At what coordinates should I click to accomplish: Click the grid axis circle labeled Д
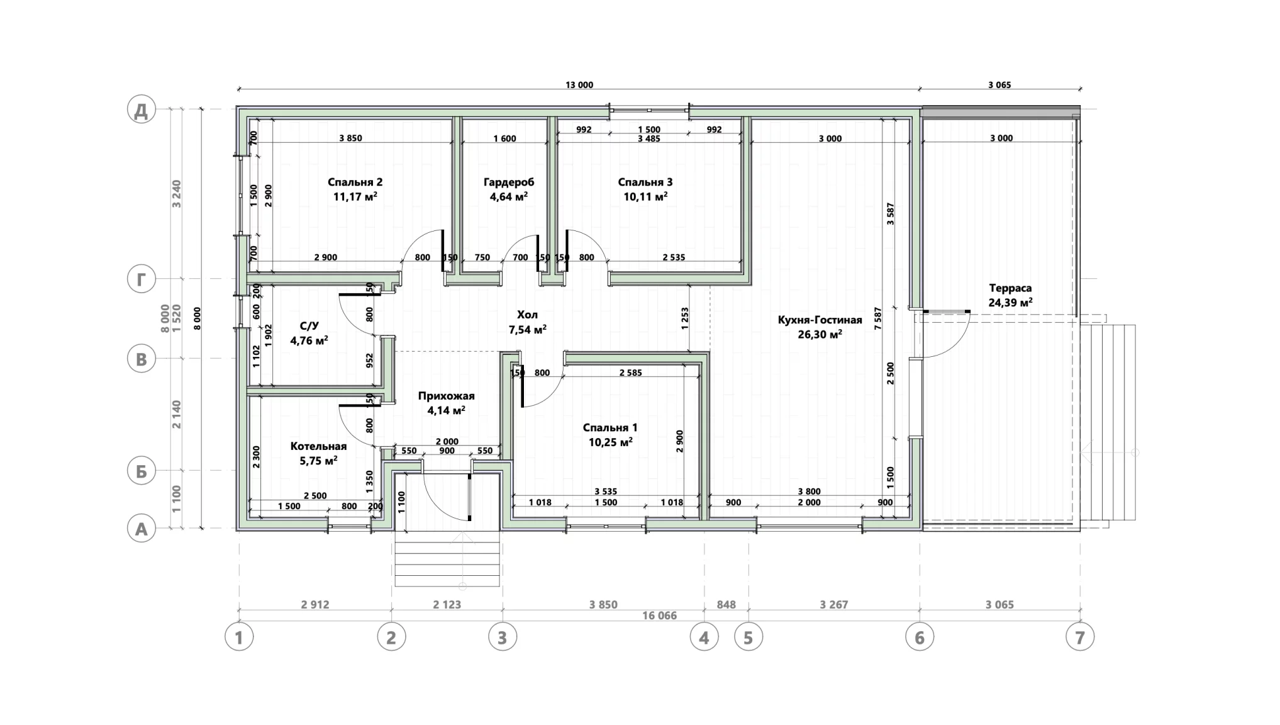click(x=142, y=110)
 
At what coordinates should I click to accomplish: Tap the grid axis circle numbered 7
click(x=1080, y=638)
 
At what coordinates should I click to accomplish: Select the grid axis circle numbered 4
click(x=704, y=638)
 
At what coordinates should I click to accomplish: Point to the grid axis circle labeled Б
click(x=142, y=471)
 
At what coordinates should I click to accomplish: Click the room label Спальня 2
click(x=355, y=182)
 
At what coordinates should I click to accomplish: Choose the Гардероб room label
click(x=509, y=182)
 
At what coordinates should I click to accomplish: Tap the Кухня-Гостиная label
click(x=820, y=320)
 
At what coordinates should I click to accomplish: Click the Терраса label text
click(x=1010, y=288)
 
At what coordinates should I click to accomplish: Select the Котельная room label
click(x=318, y=446)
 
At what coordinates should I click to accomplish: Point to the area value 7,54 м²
click(x=527, y=329)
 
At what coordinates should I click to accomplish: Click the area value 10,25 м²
click(x=610, y=442)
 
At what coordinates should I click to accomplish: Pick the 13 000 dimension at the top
click(x=579, y=85)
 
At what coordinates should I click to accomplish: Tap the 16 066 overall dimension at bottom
click(x=659, y=615)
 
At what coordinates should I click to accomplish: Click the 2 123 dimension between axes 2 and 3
click(x=447, y=604)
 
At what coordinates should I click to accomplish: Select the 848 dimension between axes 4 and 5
click(x=726, y=604)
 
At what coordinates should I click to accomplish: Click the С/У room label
click(x=309, y=326)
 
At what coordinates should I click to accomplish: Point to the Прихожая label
click(x=446, y=396)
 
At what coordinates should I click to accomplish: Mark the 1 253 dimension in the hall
click(x=684, y=318)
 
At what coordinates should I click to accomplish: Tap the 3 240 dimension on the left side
click(x=177, y=194)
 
